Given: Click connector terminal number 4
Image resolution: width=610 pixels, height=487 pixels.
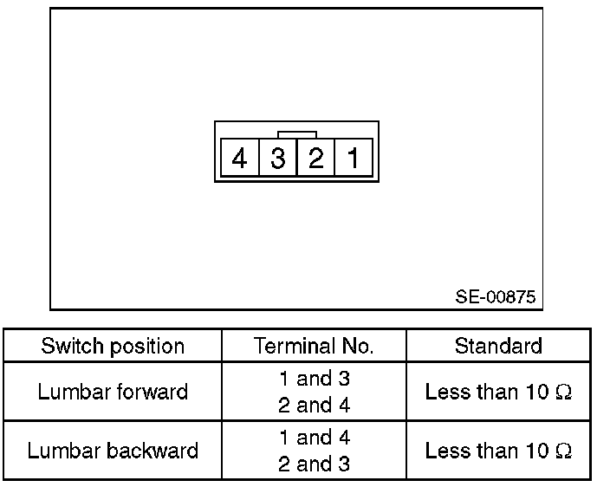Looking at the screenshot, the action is point(240,159).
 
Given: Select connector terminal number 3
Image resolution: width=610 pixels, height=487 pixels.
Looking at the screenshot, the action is point(278,159).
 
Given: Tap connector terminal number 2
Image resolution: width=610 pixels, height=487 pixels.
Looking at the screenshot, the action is point(315,159).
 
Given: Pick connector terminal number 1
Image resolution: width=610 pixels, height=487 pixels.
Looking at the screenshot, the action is point(354,159).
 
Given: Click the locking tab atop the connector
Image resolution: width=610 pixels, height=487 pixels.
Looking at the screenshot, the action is point(296,134).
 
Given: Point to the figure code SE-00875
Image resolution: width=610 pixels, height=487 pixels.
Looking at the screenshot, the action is point(496,297).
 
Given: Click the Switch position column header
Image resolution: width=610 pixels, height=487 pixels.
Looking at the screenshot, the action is point(113,347).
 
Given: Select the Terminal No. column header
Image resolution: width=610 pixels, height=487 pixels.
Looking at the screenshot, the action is point(314,347).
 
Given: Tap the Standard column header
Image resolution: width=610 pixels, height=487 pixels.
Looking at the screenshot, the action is point(498,347).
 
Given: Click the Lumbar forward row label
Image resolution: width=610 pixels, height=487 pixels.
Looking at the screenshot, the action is point(113,392).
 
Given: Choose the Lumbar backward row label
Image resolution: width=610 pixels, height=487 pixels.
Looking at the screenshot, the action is point(113,451).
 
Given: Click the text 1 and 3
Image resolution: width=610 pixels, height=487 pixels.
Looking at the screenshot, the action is point(314,379).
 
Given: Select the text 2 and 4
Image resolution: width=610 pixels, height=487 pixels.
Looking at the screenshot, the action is point(314,405).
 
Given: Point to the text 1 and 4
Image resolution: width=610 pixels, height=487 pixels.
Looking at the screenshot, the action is point(314,438).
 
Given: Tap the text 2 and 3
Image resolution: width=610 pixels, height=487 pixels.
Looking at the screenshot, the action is point(314,464).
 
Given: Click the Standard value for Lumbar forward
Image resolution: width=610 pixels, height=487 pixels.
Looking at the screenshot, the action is point(498,392).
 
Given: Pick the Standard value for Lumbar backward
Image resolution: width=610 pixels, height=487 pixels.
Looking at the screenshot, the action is point(498,451).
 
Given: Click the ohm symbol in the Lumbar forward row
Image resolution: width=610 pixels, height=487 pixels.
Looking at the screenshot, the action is point(564,392).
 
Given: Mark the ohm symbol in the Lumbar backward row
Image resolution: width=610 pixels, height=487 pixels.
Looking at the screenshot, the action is point(564,451).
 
